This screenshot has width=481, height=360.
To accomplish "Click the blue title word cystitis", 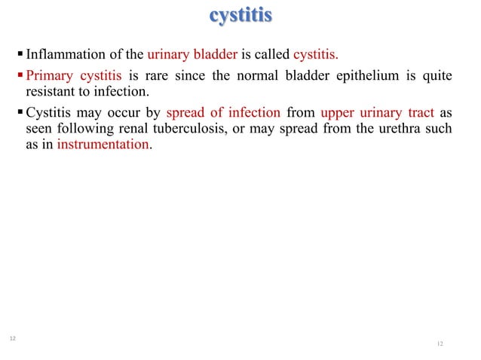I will [240, 16].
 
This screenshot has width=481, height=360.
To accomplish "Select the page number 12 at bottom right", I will [440, 344].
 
